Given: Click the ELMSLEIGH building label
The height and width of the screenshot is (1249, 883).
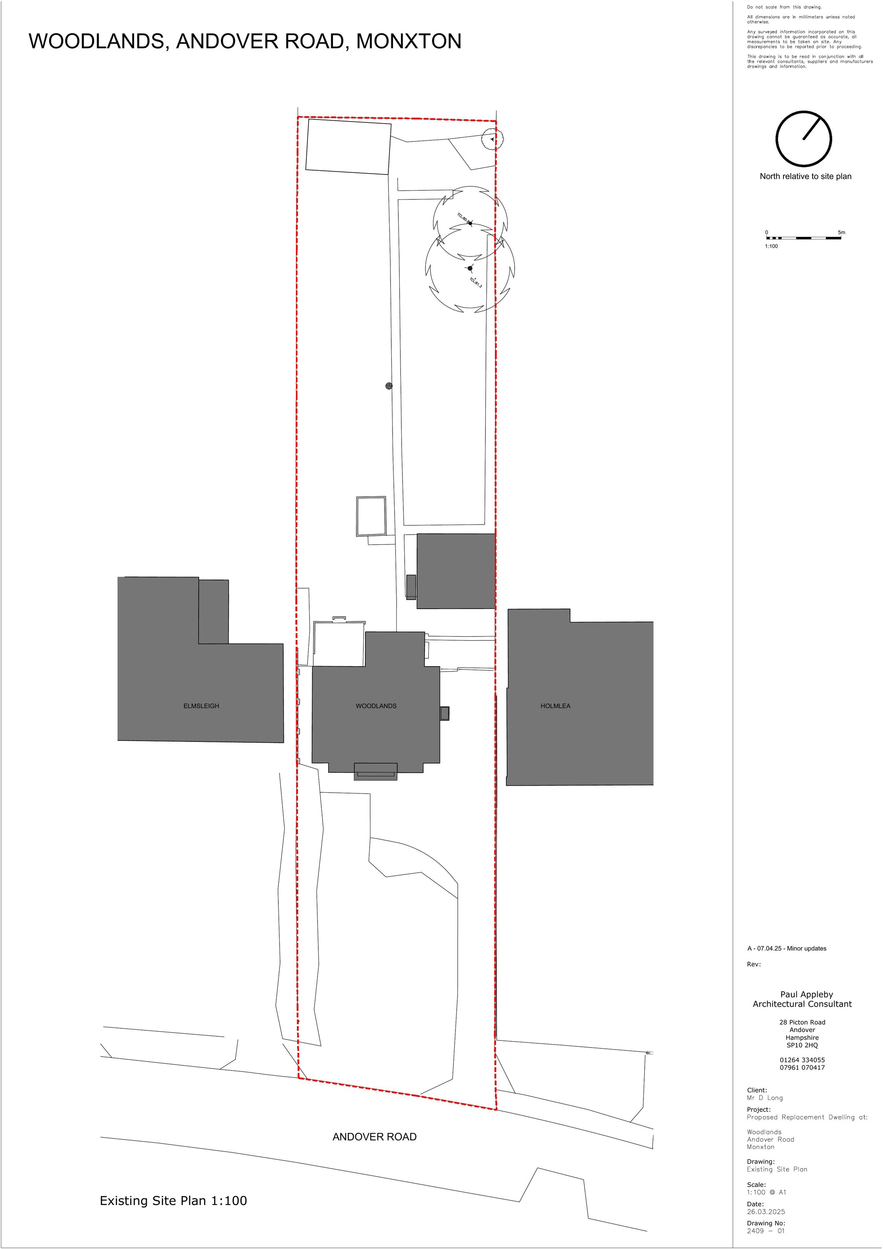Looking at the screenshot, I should coord(201,706).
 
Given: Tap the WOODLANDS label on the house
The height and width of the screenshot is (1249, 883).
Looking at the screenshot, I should coord(375,706).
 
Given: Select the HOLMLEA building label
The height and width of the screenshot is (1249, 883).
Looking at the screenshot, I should coord(555,706).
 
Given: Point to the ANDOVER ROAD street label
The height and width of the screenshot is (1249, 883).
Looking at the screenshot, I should coord(374,1137).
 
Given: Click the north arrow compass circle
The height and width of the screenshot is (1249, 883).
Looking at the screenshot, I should coord(803,139).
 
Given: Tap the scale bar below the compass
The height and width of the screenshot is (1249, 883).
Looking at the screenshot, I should coord(803,238).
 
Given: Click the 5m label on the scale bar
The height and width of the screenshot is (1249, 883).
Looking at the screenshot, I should coord(841,232).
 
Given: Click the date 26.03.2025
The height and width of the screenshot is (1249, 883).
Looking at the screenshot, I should coord(765,1212).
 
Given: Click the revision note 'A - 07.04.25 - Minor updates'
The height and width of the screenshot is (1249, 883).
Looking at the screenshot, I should coord(787,948).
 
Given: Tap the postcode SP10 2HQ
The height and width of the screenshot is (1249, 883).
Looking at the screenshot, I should coord(802,1045).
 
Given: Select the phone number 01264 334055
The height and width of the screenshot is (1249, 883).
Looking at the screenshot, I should coord(802,1060).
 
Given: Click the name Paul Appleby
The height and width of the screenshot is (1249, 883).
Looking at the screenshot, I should coord(806,994).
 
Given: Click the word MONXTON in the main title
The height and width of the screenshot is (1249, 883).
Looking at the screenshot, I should coord(408,41).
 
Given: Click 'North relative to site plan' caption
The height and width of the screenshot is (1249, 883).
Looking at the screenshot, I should coord(805,176).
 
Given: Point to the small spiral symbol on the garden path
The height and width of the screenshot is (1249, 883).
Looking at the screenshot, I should coord(389,386).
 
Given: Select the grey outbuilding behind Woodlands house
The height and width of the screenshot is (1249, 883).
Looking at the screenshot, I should coord(455,571).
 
